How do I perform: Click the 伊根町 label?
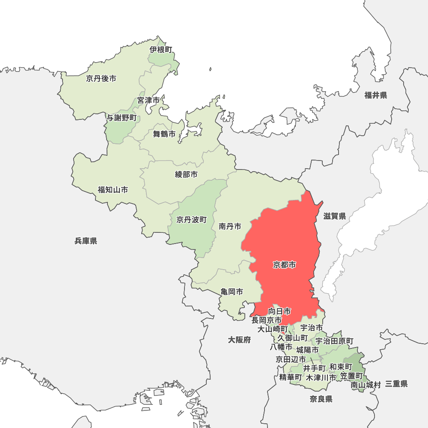coord(161,50)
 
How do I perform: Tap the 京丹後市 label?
coord(101,78)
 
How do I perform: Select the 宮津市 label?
coord(149,101)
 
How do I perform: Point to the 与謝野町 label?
coord(122,118)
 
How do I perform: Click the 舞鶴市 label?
coord(164,134)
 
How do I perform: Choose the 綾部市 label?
coord(187,174)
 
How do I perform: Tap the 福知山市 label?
coord(113,190)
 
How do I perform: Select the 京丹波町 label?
coord(191,220)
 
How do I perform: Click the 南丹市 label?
coord(230,226)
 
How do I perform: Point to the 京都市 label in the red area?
coord(285,265)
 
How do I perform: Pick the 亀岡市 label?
coord(232,292)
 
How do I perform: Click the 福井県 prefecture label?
coord(376,95)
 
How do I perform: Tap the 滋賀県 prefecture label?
coord(335,216)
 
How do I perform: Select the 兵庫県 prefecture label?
coord(86,241)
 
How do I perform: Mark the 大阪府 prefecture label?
coord(239,340)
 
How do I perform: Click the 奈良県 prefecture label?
coord(321,399)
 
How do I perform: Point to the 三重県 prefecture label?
coord(396,384)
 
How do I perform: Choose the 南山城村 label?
coord(366,385)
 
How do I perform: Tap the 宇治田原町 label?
coord(334,341)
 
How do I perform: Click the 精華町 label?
coord(291,377)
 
